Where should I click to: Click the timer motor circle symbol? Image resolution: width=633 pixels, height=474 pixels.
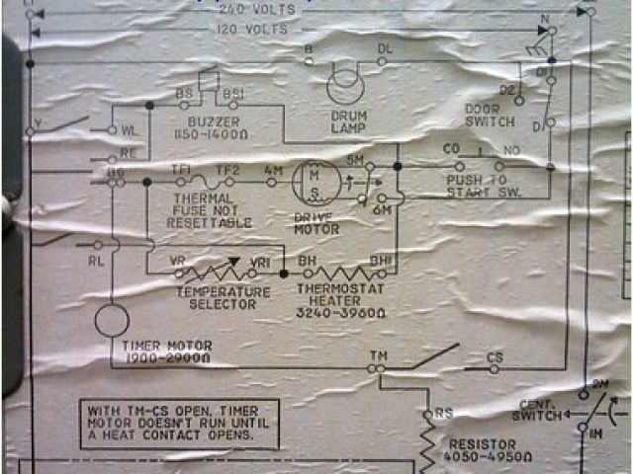coord(112,319)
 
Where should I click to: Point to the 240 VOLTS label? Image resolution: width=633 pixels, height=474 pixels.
coord(247,11)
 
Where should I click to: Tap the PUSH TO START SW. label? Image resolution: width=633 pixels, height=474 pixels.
coord(477,187)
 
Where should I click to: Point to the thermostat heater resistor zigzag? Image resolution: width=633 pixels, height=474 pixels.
coord(342,271)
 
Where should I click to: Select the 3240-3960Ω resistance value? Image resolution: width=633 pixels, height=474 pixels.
coord(340,312)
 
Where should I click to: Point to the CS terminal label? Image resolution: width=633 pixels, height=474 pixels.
coord(497,355)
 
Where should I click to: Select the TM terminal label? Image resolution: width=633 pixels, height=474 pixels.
coord(378,355)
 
